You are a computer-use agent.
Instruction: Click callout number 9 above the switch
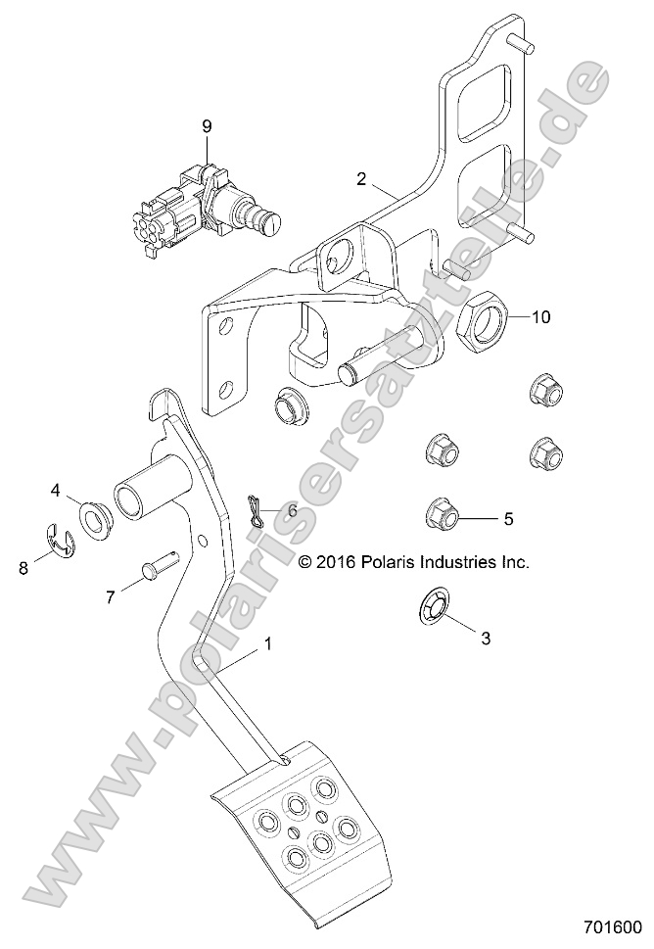206,125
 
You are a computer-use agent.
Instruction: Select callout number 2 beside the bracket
361,179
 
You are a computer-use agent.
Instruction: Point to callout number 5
507,518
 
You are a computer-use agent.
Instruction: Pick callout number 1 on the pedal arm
267,645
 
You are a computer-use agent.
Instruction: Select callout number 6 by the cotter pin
291,510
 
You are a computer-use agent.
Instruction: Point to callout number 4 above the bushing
56,489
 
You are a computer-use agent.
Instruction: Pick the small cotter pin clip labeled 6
256,510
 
